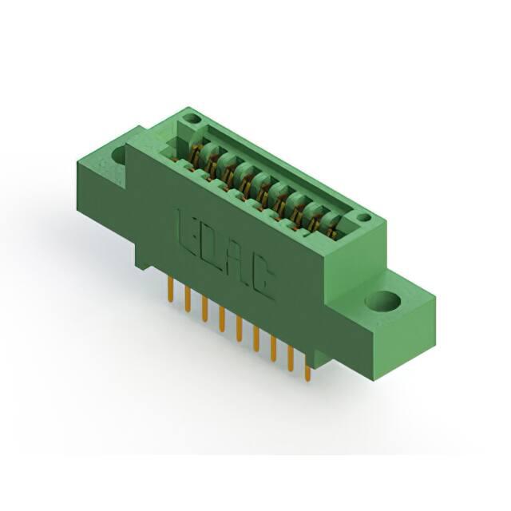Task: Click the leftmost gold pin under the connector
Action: point(170,289)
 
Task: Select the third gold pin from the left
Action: point(204,309)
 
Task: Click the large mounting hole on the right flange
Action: point(383,300)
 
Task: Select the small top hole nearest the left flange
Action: point(192,118)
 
